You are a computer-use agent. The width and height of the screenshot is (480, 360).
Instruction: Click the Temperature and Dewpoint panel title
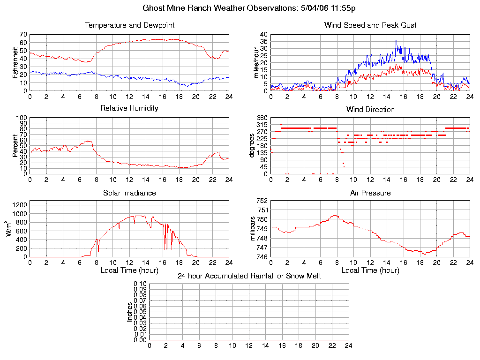click(x=129, y=25)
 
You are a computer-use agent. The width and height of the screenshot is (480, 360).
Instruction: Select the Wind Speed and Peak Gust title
click(x=370, y=25)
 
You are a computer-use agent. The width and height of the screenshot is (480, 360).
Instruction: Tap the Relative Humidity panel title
click(x=129, y=108)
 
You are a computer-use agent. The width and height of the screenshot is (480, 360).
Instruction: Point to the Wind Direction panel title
click(x=370, y=109)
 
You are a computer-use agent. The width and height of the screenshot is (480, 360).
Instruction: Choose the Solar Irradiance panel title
click(x=129, y=193)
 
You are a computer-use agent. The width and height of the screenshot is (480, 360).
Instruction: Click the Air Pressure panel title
click(x=370, y=193)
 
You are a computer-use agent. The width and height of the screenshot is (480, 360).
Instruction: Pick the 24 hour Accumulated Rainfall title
click(x=249, y=276)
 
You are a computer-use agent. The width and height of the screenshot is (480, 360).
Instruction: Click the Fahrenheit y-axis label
click(x=15, y=62)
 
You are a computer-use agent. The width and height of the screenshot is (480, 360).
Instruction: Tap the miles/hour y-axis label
click(x=256, y=62)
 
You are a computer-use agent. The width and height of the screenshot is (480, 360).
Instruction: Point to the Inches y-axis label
click(x=130, y=312)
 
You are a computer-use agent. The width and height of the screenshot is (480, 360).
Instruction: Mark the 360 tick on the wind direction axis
click(x=262, y=118)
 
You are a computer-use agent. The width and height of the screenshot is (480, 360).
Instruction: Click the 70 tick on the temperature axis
click(x=23, y=35)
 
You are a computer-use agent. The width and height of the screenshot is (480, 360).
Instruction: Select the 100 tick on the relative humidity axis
click(x=21, y=118)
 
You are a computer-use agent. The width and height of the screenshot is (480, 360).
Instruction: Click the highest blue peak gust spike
click(x=396, y=40)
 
